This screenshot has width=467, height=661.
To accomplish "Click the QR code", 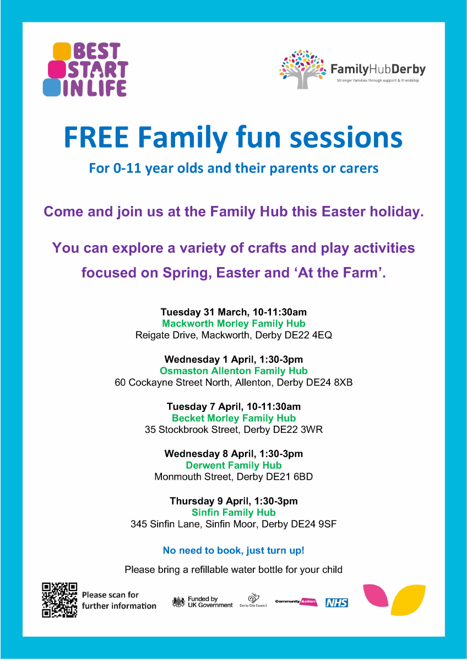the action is coord(59,600).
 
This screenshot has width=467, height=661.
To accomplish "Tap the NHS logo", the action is coord(336,603).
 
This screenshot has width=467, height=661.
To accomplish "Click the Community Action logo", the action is coord(296,602).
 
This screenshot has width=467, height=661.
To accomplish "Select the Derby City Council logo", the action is coord(253,600).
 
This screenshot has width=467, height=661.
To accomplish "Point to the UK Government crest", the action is coord(178,602).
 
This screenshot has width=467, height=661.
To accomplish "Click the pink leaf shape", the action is coord(376,595).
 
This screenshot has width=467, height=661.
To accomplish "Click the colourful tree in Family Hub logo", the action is coord(302,69).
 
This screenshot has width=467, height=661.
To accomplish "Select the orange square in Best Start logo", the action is coord(62,51).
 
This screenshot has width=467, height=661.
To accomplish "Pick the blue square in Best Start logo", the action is coord(52,88).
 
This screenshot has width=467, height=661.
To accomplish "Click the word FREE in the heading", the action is coord(96,137).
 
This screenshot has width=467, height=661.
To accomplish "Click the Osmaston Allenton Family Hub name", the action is coord(233,371).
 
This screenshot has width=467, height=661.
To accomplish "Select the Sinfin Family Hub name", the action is coord(233,512).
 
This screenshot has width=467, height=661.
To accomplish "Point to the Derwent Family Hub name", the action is coord(233,465).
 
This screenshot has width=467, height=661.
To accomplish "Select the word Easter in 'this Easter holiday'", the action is coord(344,212).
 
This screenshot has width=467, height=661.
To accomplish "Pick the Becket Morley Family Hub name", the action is coord(233,418).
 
